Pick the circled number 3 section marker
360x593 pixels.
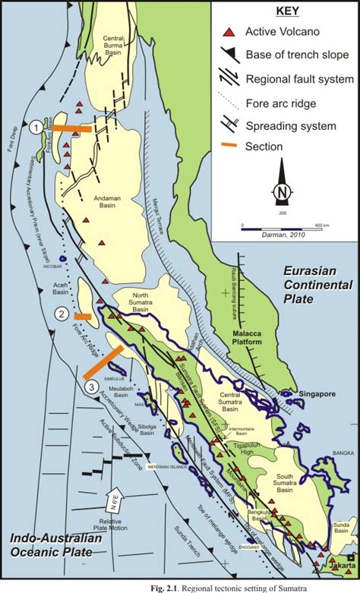92,387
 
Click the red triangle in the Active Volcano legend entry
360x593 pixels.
226,32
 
